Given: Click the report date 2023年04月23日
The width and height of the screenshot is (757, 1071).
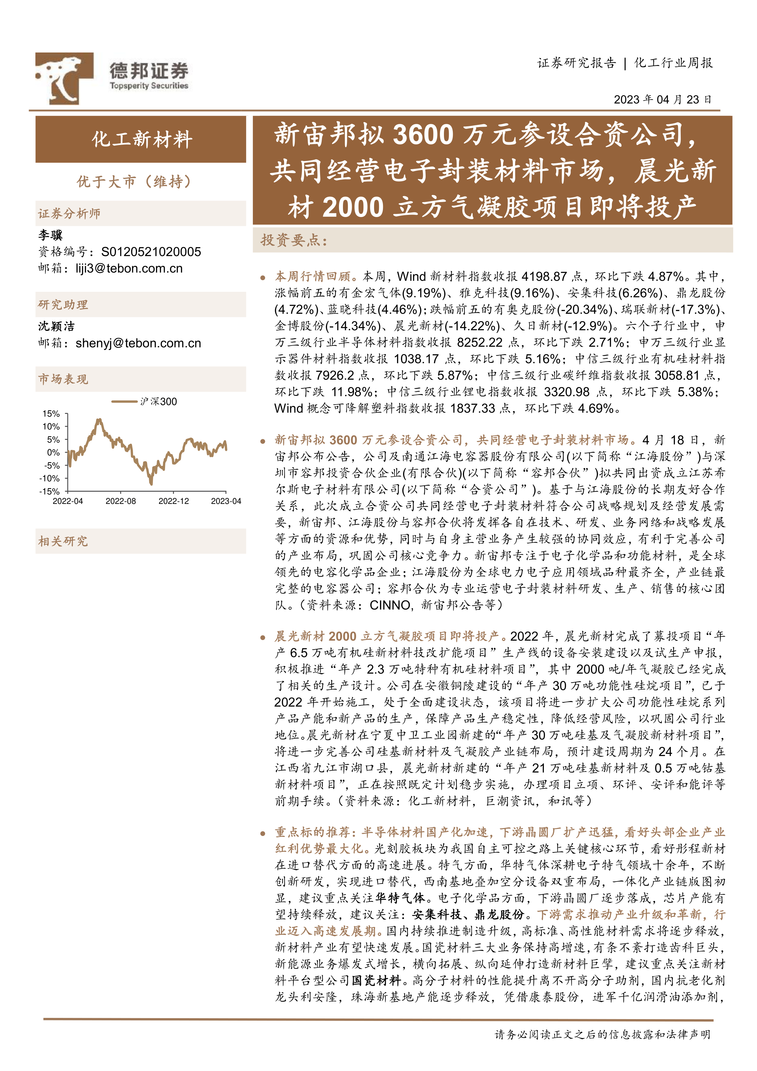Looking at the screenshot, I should click(x=662, y=100).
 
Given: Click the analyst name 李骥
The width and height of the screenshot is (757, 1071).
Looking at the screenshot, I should click(x=50, y=235).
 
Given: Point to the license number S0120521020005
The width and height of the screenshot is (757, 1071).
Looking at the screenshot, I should click(x=151, y=252).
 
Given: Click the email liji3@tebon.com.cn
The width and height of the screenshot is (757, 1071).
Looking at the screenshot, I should click(x=129, y=269).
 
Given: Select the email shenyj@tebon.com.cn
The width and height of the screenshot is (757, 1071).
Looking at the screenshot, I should click(x=138, y=343).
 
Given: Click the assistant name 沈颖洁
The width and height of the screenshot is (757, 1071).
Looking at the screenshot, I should click(x=56, y=326).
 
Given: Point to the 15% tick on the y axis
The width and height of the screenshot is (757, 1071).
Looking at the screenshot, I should click(x=51, y=414).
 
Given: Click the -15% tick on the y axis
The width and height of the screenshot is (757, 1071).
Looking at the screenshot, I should click(x=50, y=491).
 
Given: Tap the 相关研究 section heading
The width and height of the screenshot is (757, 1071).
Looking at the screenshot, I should click(x=63, y=541).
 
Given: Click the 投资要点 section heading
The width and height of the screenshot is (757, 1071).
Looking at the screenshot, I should click(x=294, y=240).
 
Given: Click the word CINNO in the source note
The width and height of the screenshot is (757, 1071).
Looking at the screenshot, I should click(x=390, y=605).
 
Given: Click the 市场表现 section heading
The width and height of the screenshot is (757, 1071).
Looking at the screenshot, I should click(x=63, y=379).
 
